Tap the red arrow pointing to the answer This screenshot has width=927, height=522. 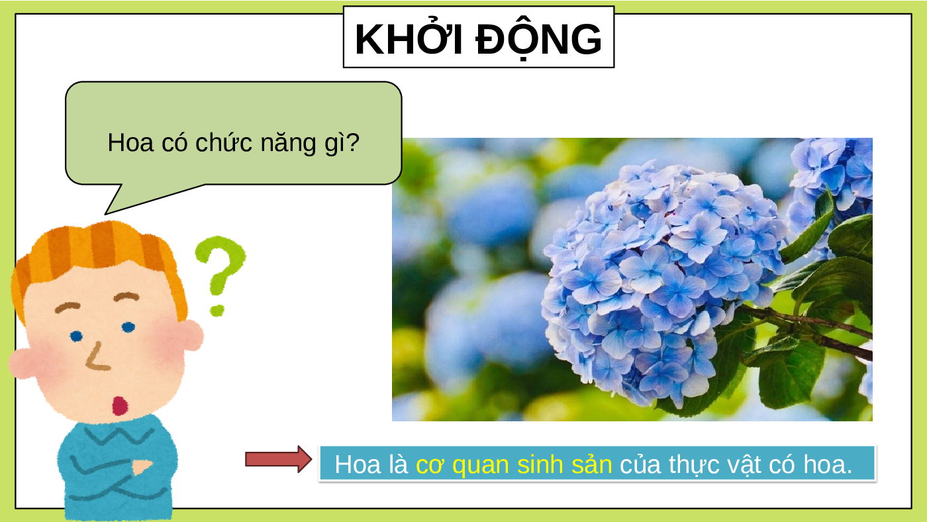pyautogui.click(x=278, y=459)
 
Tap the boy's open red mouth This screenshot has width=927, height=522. pyautogui.click(x=120, y=405)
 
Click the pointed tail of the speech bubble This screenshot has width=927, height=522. pyautogui.click(x=106, y=213)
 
